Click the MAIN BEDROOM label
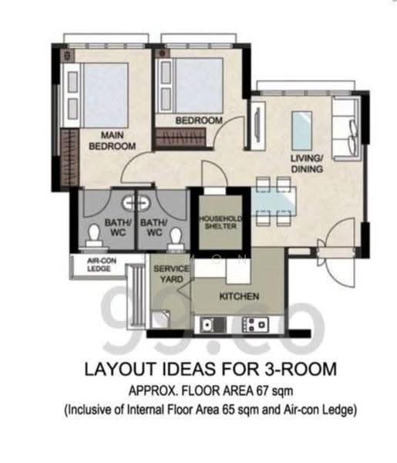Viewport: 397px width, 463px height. [x=112, y=140]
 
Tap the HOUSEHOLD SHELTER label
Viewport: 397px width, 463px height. [x=220, y=222]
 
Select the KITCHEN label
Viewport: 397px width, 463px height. [x=239, y=296]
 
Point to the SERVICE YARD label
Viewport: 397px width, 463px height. [x=171, y=274]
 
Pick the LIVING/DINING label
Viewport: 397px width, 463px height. [x=307, y=164]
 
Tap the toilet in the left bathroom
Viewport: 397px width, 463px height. [x=94, y=235]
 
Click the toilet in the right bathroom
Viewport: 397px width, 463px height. [x=176, y=238]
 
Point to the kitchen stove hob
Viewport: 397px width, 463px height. [x=255, y=325]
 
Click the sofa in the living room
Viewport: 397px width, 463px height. [x=346, y=129]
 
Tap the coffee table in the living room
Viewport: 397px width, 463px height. [x=301, y=130]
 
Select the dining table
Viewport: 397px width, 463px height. [x=274, y=201]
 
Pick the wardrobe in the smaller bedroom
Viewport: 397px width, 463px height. [x=180, y=137]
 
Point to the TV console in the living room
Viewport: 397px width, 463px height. [x=258, y=126]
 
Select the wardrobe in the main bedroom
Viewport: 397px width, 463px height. [x=70, y=157]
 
